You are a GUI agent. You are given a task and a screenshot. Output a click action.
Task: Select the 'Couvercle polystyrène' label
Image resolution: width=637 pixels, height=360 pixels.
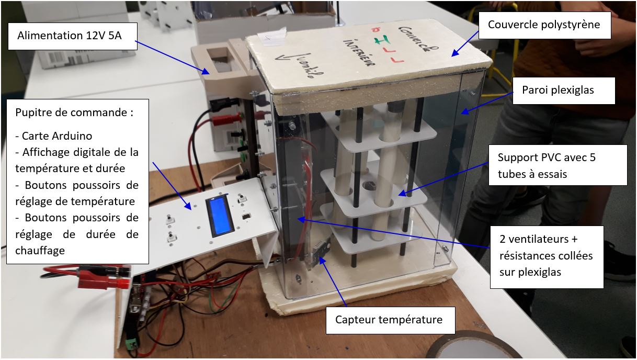544,25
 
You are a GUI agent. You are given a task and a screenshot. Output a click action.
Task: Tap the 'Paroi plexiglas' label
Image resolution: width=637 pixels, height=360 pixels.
558,90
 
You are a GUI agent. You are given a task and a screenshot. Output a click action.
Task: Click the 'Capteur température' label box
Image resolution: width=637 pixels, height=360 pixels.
389,319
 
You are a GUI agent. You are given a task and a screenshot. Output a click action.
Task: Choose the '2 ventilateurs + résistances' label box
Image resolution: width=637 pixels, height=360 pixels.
547,256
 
